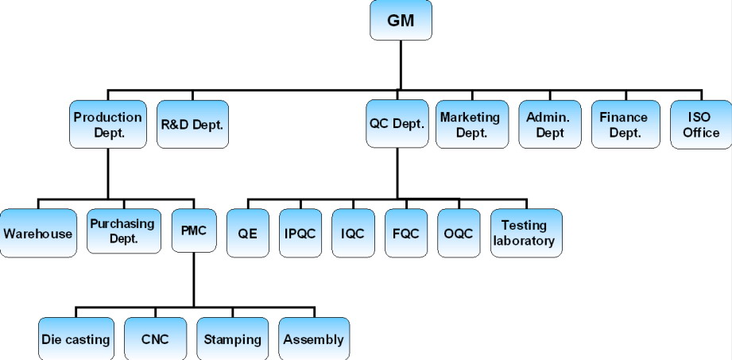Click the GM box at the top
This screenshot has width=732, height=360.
click(x=401, y=20)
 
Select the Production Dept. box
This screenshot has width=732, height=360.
click(x=107, y=124)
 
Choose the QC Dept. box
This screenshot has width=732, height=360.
click(x=397, y=124)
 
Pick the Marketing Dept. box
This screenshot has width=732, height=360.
click(x=471, y=124)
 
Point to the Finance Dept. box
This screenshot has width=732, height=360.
click(x=624, y=124)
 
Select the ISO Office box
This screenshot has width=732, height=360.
click(x=700, y=124)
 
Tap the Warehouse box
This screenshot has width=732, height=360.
click(x=38, y=233)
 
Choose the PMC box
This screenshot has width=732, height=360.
click(x=192, y=231)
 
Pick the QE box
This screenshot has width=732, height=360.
click(x=249, y=234)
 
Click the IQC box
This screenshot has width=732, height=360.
click(x=353, y=234)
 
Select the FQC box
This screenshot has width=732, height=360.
click(x=405, y=234)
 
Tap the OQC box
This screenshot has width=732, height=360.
click(x=458, y=234)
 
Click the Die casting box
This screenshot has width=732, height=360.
click(x=76, y=339)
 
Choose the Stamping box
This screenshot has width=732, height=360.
click(x=232, y=339)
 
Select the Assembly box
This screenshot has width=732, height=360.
click(x=313, y=339)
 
